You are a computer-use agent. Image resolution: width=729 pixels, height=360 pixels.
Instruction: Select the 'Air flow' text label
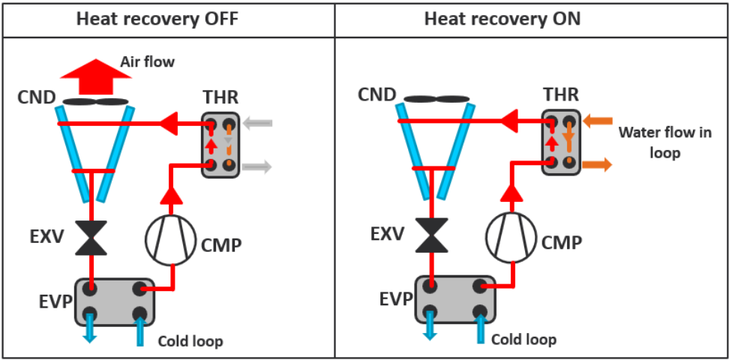pos(148,61)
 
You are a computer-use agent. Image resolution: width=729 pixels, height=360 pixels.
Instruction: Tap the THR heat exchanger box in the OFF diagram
pos(220,145)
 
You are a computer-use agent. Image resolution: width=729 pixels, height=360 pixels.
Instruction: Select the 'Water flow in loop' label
pos(649,142)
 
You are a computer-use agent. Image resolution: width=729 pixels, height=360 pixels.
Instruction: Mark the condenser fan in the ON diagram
pos(436,97)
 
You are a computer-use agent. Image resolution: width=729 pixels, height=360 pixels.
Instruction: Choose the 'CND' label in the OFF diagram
pos(37,97)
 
